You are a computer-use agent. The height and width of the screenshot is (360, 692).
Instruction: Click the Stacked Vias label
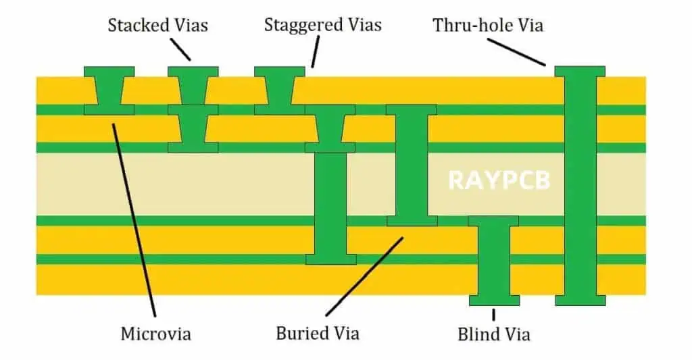coord(158,26)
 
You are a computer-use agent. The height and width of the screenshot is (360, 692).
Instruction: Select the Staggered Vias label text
coord(322,26)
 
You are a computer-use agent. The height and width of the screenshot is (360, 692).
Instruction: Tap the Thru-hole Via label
coord(488,26)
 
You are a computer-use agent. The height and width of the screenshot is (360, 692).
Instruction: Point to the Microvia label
coord(155,334)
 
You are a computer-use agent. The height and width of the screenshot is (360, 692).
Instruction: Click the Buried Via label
coord(318,333)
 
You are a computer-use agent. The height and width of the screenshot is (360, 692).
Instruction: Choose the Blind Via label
coord(493,334)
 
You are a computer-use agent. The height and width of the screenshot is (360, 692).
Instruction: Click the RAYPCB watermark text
coord(499,180)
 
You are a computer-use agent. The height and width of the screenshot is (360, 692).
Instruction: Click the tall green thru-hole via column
coord(580,186)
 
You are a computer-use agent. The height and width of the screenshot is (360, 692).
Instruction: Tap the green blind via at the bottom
coord(493,260)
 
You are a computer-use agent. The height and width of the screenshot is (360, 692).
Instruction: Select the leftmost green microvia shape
coord(109,91)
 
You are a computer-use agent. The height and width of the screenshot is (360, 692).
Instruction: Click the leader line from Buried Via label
coord(365,276)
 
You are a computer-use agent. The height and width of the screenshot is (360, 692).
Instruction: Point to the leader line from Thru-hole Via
coord(516,51)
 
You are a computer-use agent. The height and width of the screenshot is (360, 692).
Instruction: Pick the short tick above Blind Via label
coord(493,314)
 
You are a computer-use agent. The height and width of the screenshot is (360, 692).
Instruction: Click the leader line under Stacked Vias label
coord(181,49)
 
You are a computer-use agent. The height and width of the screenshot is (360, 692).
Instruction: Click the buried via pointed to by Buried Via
coord(411,165)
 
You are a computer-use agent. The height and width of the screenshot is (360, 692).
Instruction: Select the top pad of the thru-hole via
coord(580,71)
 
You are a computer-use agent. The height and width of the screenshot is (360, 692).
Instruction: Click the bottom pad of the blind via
coord(493,300)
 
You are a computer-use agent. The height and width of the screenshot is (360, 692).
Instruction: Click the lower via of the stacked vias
coord(193,129)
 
